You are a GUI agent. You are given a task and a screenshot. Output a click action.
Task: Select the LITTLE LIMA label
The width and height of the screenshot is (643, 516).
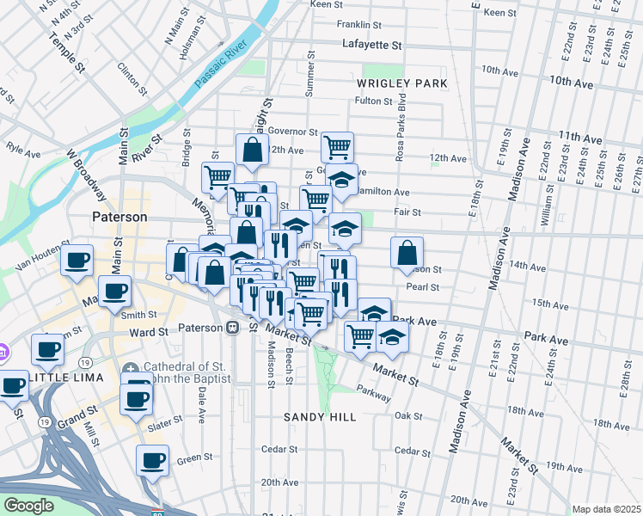tap(67, 378)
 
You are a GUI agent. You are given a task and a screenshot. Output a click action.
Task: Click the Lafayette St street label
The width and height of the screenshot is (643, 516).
tap(371, 44)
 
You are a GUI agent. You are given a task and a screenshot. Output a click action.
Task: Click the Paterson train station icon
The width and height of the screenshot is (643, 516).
tap(232, 328)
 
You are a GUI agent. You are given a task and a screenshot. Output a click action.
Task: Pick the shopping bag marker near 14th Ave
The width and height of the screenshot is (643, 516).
tap(407, 251)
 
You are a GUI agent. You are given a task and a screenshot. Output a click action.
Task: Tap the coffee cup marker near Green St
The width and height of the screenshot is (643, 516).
tap(153, 459)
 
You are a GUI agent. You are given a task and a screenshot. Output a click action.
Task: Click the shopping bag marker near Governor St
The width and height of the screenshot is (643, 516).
tap(253, 149)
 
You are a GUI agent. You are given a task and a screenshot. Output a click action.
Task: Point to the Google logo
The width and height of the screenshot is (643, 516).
tap(29, 506)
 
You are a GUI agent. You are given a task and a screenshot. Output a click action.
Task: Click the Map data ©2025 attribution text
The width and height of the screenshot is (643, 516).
tap(606, 509)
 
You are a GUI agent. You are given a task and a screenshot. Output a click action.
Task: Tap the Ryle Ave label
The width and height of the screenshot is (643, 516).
tap(23, 150)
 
